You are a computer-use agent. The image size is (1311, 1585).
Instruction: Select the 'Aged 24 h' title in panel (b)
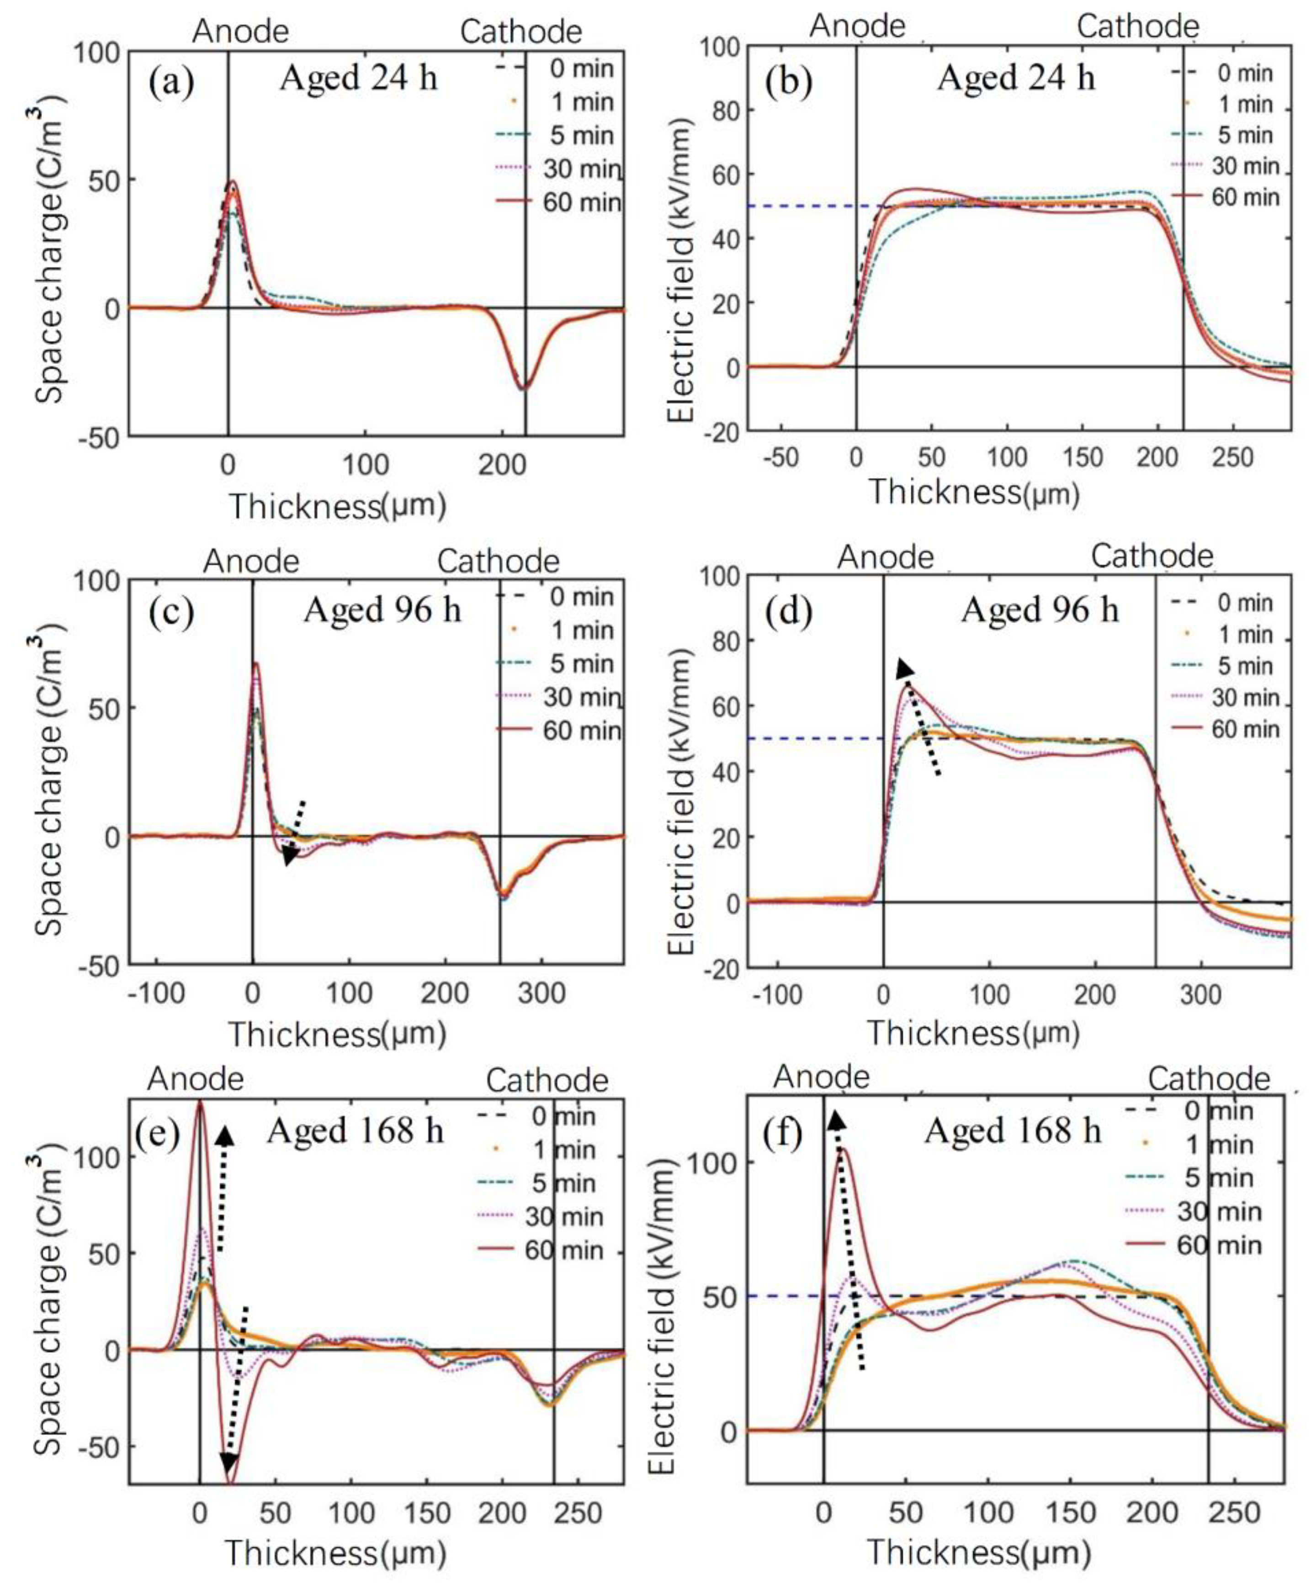coord(1016,78)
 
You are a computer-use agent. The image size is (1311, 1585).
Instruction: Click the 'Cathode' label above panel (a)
coord(521,32)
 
